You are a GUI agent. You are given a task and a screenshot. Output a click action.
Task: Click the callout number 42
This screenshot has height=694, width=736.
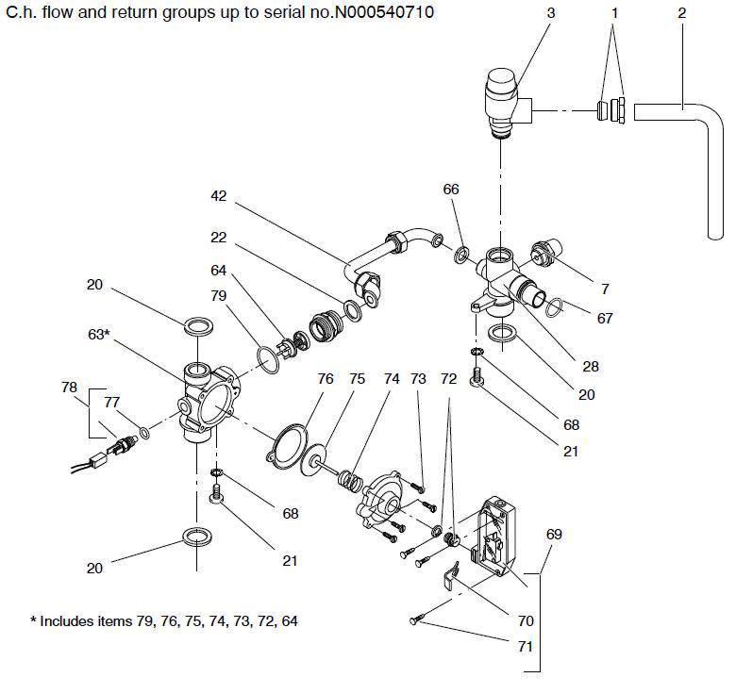click(x=219, y=196)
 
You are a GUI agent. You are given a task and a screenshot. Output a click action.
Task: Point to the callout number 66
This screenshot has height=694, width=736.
click(x=451, y=190)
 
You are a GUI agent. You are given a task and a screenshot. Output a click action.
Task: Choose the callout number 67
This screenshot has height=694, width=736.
click(x=604, y=319)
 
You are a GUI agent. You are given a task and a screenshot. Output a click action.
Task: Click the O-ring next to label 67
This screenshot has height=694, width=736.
click(x=558, y=306)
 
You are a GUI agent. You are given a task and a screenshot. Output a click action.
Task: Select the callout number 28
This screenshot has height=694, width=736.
click(x=591, y=366)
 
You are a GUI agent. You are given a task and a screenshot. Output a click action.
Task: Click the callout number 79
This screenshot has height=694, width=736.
click(x=219, y=296)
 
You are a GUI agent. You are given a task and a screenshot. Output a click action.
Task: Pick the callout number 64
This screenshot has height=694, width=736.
click(x=219, y=271)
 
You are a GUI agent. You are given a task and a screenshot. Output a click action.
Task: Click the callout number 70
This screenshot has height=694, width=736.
click(x=526, y=621)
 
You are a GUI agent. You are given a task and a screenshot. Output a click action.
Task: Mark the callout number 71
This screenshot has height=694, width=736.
click(x=526, y=647)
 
